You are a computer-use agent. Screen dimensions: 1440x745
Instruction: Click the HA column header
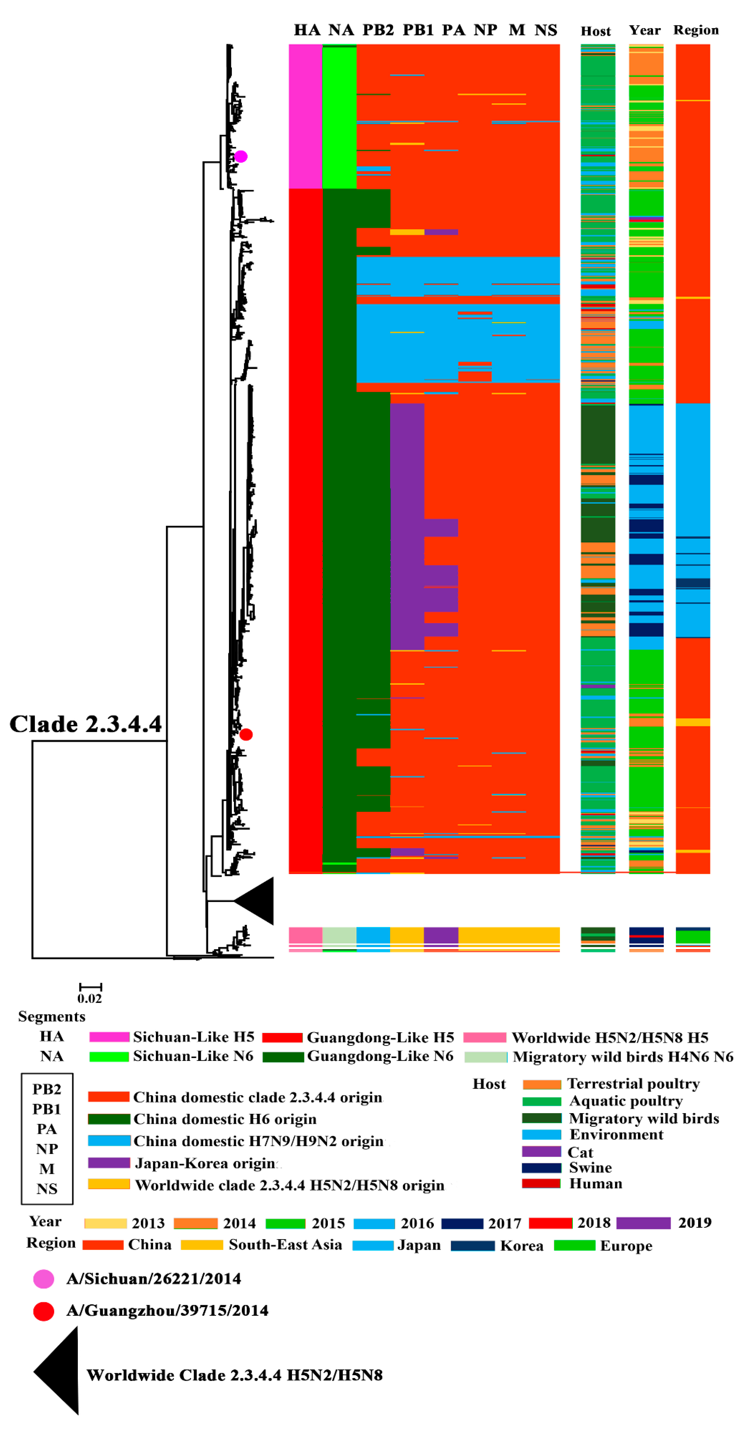[x=307, y=30]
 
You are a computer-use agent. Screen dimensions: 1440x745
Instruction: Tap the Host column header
[x=596, y=31]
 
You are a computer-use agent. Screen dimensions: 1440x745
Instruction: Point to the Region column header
[x=696, y=30]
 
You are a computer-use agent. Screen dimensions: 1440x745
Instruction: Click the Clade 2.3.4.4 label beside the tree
[x=85, y=724]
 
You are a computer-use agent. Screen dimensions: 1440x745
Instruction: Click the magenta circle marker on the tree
[x=241, y=156]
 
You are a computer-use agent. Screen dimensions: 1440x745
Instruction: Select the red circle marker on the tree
[x=246, y=734]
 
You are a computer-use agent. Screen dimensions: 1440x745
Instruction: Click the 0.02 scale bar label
[x=89, y=998]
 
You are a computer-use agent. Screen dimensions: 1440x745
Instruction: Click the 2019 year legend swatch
[x=643, y=1223]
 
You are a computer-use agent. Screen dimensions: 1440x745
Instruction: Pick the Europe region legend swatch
[x=574, y=1245]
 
